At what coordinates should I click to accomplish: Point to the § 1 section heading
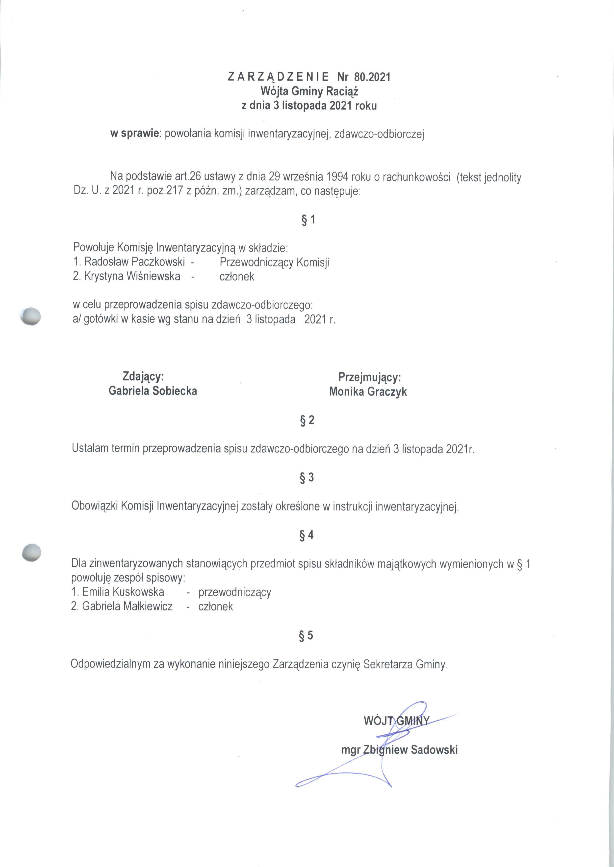[308, 220]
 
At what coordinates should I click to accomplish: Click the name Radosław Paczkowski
[135, 262]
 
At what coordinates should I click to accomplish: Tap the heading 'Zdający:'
[143, 376]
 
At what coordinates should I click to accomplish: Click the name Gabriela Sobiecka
[153, 391]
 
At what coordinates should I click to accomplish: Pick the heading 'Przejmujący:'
[369, 377]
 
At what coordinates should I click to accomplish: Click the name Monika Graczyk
[368, 391]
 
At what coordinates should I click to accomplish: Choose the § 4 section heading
[306, 535]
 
